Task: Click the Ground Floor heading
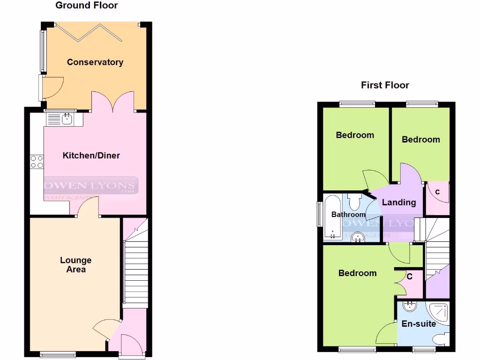(x=87, y=6)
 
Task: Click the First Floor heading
(x=385, y=85)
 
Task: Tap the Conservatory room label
(x=95, y=62)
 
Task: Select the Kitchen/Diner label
(x=91, y=156)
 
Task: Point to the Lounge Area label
(x=76, y=265)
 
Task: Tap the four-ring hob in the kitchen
(x=37, y=162)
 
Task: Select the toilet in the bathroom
(x=354, y=202)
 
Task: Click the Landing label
(x=399, y=202)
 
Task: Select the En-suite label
(x=419, y=324)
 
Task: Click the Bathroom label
(x=348, y=215)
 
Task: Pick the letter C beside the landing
(x=437, y=192)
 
